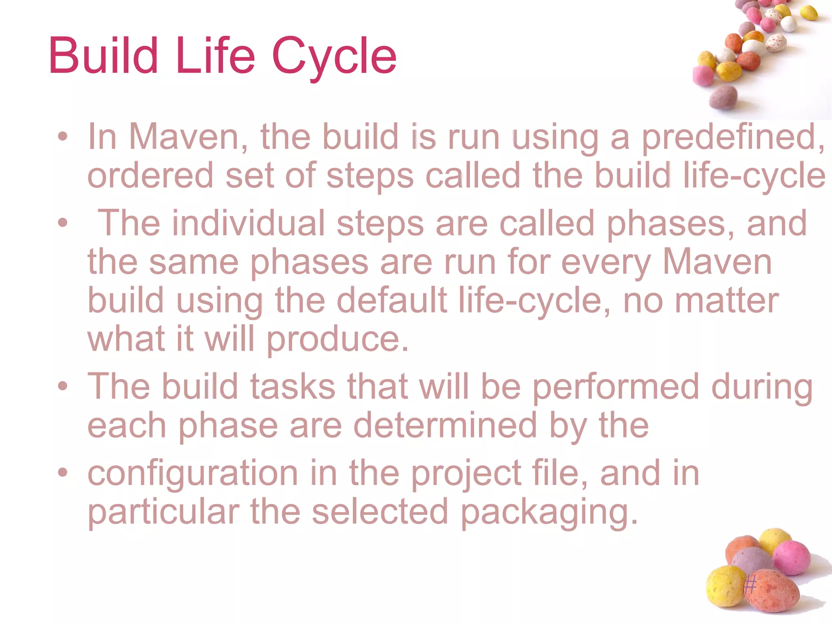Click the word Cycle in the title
pyautogui.click(x=334, y=57)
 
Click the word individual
pyautogui.click(x=248, y=223)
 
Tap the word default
pyautogui.click(x=392, y=301)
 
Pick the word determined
pyautogui.click(x=445, y=425)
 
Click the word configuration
pyautogui.click(x=193, y=474)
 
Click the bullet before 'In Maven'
pyautogui.click(x=62, y=136)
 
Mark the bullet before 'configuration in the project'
pyautogui.click(x=62, y=472)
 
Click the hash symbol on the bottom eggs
pyautogui.click(x=750, y=585)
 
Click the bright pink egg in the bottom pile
pyautogui.click(x=791, y=558)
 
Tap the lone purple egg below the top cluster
pyautogui.click(x=724, y=97)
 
